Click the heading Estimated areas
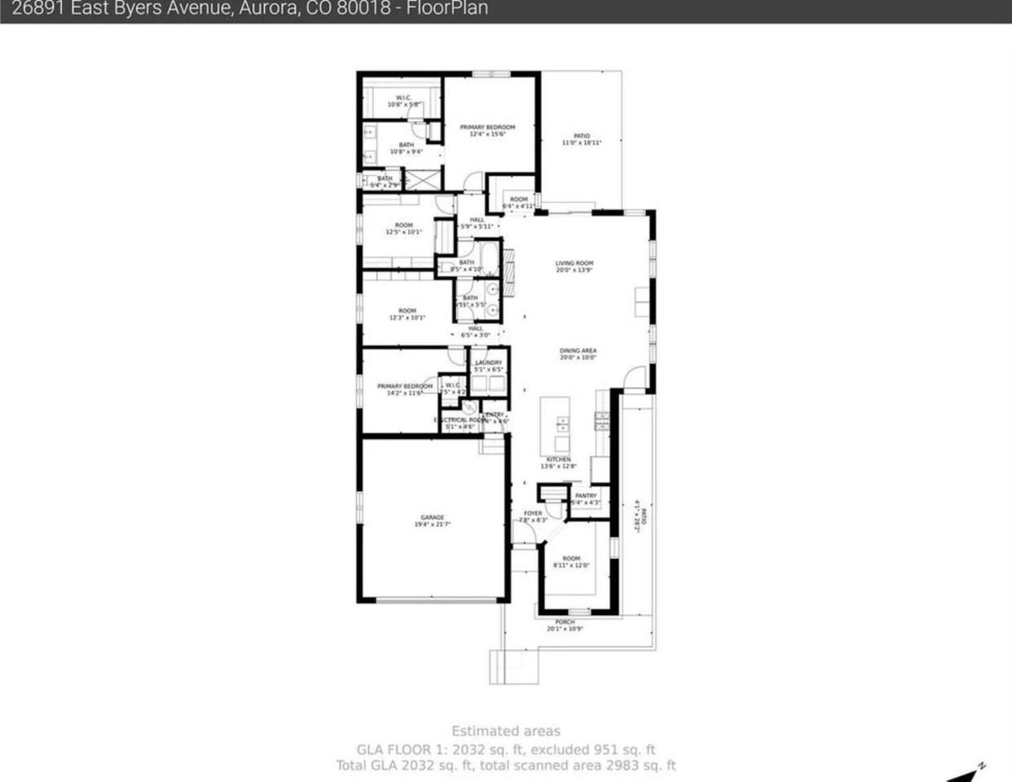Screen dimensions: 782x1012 click(506, 731)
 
